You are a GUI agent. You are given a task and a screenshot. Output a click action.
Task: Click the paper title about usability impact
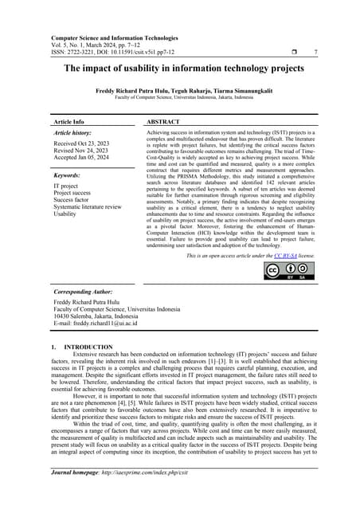click(179, 69)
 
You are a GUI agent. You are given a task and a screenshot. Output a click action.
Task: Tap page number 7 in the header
click(316, 53)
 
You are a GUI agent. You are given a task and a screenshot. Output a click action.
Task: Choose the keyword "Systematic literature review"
click(88, 206)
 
